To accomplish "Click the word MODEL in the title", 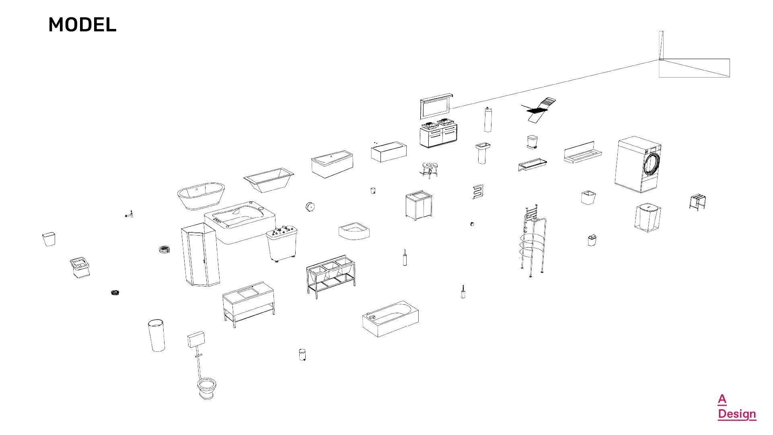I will pyautogui.click(x=82, y=25).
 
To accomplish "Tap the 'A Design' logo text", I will pyautogui.click(x=736, y=407).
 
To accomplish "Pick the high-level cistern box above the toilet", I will pyautogui.click(x=196, y=339).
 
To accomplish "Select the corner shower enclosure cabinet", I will pyautogui.click(x=200, y=255).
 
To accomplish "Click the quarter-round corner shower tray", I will pyautogui.click(x=354, y=232).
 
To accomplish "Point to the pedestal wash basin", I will pyautogui.click(x=483, y=153).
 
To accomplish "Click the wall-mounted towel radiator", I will pyautogui.click(x=478, y=192).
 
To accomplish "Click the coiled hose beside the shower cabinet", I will pyautogui.click(x=164, y=250).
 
